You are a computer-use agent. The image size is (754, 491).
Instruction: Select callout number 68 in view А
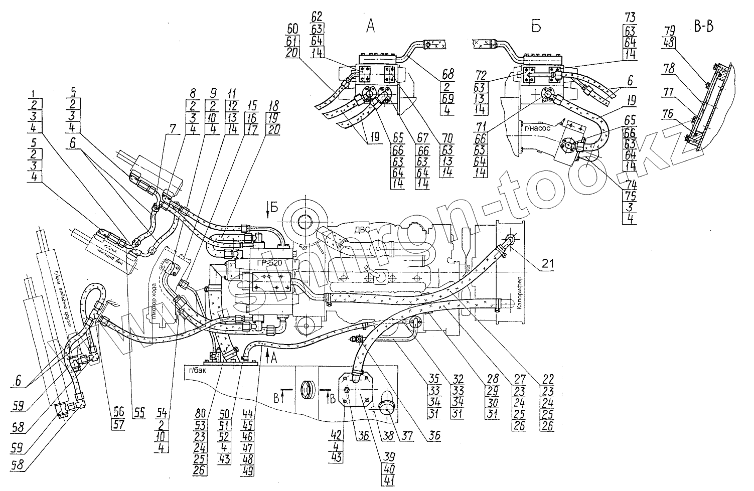click(447, 74)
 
